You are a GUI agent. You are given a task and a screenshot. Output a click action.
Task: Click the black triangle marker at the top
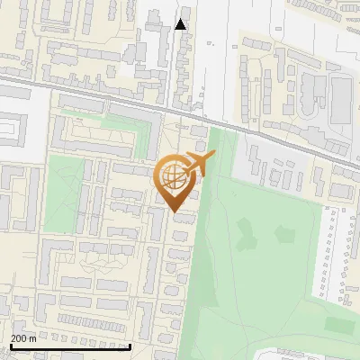point(181,23)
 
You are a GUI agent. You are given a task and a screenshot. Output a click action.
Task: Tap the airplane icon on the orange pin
point(200,164)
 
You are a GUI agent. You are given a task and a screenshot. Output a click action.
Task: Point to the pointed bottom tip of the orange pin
point(174,211)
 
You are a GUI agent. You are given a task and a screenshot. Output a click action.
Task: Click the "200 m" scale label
point(23,338)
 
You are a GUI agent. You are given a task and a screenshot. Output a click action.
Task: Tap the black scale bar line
point(70,346)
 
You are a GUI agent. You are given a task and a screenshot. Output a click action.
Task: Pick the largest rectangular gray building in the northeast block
point(340,99)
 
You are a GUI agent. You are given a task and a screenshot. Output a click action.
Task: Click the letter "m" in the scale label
point(32,338)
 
